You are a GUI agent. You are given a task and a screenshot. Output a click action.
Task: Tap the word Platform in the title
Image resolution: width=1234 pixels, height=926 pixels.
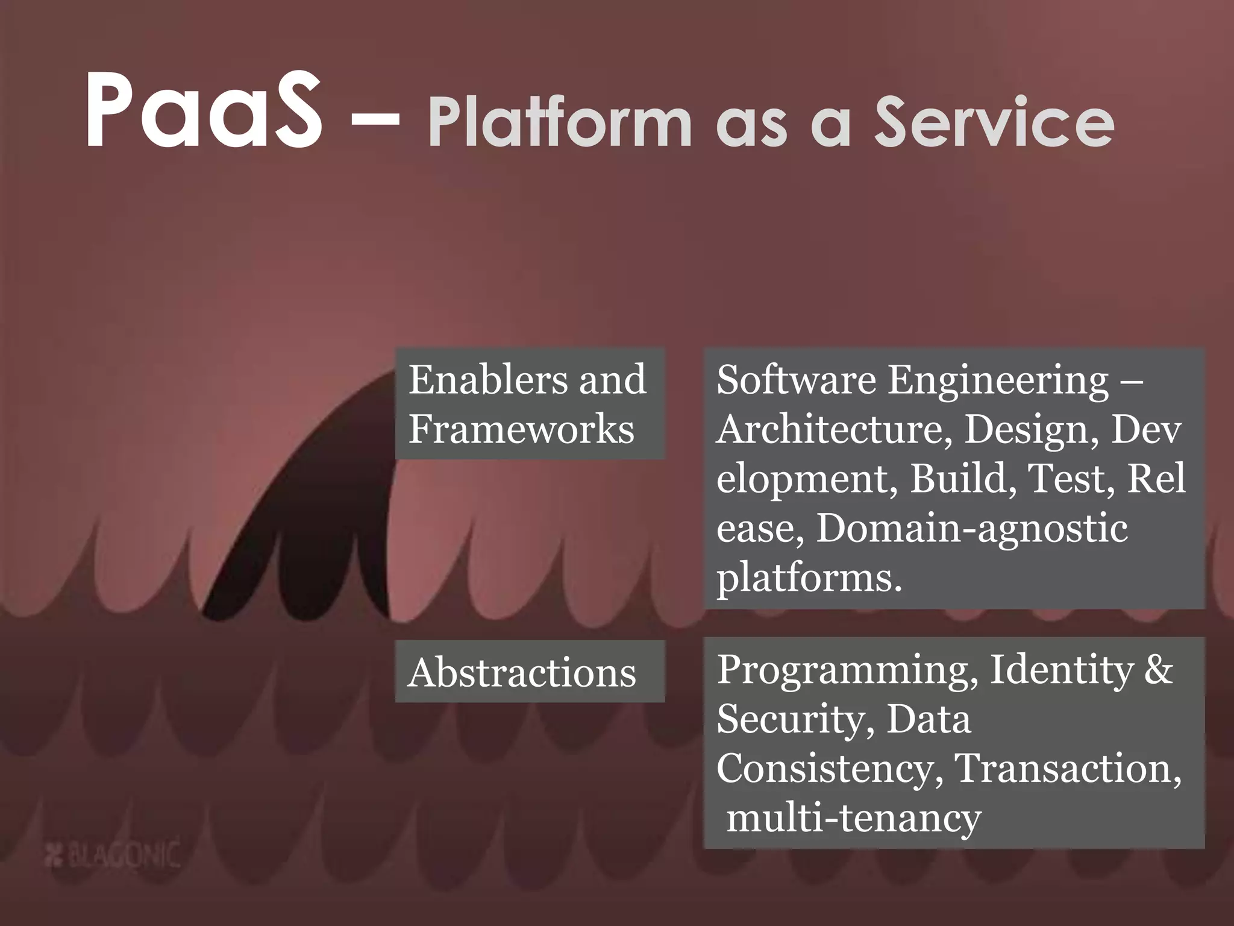[560, 123]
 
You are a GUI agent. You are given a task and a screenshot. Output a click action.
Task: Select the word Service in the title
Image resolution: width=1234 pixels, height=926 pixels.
[994, 123]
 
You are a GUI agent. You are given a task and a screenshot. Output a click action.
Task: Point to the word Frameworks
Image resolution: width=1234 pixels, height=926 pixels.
[521, 429]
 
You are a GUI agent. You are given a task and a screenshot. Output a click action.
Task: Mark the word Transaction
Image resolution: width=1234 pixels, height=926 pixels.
[1067, 768]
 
